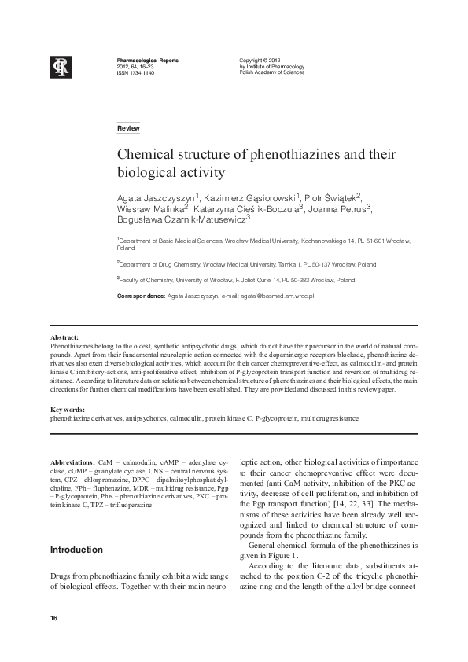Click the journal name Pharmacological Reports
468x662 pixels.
pyautogui.click(x=147, y=61)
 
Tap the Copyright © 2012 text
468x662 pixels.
pyautogui.click(x=260, y=61)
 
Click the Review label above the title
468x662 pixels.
pyautogui.click(x=128, y=127)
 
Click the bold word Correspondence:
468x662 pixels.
pyautogui.click(x=141, y=296)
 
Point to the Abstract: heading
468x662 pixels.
pyautogui.click(x=64, y=337)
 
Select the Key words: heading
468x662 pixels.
pyautogui.click(x=67, y=410)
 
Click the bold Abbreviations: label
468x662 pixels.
pyautogui.click(x=73, y=463)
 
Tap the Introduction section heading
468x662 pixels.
pyautogui.click(x=76, y=550)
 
